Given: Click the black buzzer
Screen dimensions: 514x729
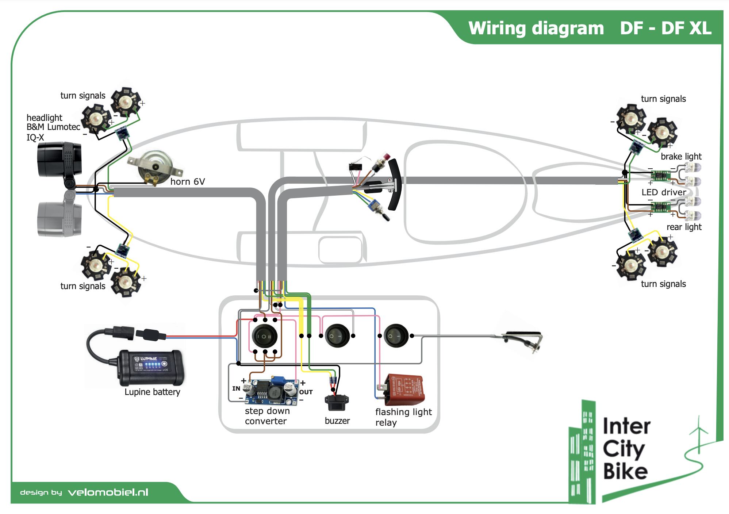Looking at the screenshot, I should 335,403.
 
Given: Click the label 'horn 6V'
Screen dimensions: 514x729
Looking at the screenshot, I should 188,181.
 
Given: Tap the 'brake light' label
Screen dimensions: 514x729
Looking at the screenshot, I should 681,156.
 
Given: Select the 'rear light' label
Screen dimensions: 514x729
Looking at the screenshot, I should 684,227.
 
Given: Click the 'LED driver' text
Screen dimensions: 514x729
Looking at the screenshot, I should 664,192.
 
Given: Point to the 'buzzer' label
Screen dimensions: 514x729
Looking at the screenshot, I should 337,421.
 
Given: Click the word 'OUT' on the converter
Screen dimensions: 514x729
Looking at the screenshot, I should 306,392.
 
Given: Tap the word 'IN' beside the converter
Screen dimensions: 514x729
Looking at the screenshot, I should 236,388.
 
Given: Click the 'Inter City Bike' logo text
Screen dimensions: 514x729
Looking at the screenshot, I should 626,449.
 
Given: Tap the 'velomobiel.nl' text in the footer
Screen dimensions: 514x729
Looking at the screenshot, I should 108,492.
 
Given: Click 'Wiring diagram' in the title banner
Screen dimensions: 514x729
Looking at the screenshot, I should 536,28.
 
